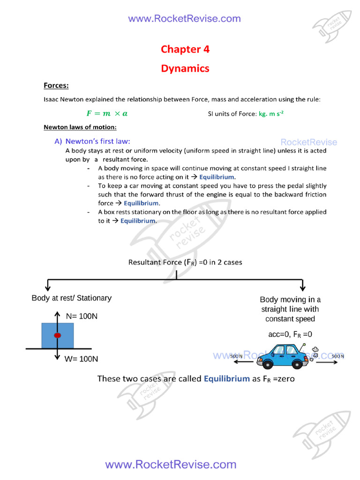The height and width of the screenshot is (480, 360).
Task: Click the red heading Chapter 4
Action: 185,49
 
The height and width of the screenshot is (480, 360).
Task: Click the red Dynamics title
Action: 185,68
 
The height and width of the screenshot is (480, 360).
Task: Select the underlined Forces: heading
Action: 56,85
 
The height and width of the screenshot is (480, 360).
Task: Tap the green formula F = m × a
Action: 107,113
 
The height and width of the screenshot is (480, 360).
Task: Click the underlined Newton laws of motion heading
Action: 80,127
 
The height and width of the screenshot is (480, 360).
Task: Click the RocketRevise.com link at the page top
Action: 184,19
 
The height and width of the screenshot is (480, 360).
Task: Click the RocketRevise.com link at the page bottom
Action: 171,465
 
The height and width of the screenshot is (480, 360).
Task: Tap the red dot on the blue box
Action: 57,336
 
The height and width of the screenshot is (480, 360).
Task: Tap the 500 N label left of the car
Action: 237,356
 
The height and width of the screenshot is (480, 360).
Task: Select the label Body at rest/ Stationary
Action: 71,298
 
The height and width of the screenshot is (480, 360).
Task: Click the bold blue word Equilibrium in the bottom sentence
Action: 226,378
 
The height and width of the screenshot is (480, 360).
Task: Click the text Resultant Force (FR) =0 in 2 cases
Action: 185,262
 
